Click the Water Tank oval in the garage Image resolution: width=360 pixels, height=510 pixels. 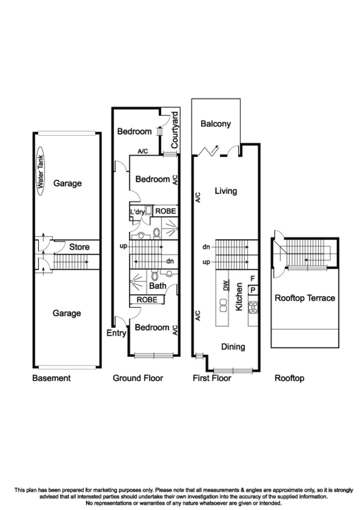(41, 173)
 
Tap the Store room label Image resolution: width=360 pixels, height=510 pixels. (79, 246)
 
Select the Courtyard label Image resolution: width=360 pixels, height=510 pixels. (175, 130)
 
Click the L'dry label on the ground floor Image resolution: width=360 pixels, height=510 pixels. (137, 212)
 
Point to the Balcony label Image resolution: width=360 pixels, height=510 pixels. (216, 124)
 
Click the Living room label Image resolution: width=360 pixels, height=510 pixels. (226, 191)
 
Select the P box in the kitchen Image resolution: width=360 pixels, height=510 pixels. (253, 290)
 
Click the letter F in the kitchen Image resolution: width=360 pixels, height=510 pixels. (253, 279)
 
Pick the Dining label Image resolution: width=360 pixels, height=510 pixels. (233, 347)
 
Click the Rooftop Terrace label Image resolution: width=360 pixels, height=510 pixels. (305, 298)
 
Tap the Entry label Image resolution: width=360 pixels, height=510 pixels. (116, 333)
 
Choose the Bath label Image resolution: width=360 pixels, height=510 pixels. (157, 286)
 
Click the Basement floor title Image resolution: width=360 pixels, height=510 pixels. (51, 378)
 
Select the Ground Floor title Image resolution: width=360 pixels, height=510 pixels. (138, 378)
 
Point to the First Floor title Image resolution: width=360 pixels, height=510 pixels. (212, 378)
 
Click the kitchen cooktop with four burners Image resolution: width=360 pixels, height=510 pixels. (253, 307)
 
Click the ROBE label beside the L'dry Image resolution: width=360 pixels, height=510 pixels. (166, 211)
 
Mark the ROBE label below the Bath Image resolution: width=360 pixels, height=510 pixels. (147, 299)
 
